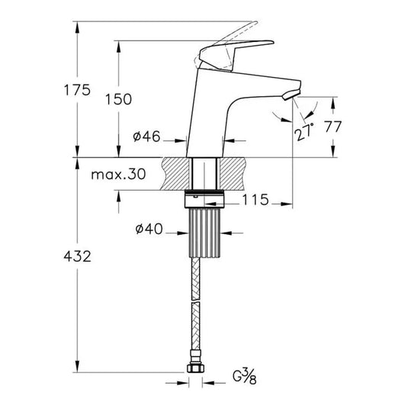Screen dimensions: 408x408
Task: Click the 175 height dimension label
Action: tap(77, 90)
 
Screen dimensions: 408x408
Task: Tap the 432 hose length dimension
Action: tap(77, 257)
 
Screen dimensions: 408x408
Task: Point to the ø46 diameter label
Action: tap(146, 137)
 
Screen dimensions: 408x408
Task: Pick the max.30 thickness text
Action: tap(118, 175)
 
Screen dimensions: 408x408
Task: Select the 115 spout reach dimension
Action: tap(254, 200)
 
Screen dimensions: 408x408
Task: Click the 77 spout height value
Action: tap(333, 127)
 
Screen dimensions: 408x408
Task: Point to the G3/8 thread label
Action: tap(245, 375)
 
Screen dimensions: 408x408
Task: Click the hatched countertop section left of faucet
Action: tap(175, 174)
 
